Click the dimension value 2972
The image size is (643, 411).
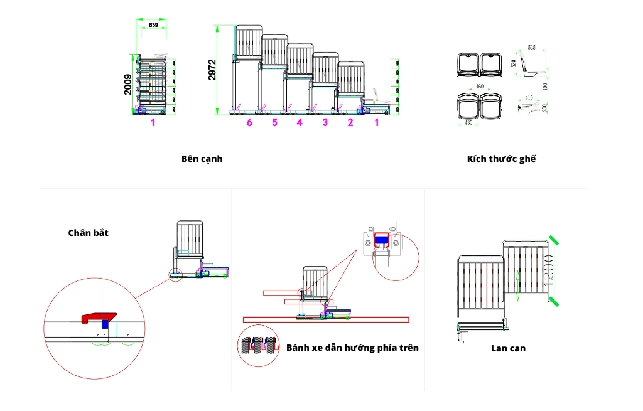(212, 70)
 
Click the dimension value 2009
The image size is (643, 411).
(128, 85)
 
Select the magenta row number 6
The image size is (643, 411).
(249, 122)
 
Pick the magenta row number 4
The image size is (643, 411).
(300, 122)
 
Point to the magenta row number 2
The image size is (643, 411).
(350, 122)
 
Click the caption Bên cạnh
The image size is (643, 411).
(202, 159)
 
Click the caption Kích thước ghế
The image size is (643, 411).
(501, 159)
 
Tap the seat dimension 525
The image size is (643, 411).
(531, 48)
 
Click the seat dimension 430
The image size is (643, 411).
(468, 122)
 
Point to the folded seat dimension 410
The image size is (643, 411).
(529, 98)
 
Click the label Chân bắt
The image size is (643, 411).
(89, 233)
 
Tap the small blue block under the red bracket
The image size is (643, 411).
(105, 324)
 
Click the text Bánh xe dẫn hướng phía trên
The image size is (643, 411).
(352, 347)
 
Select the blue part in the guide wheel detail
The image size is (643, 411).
(381, 240)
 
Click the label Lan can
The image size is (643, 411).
(508, 348)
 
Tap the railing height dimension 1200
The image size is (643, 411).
(547, 270)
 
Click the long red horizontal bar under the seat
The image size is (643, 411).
(326, 319)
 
